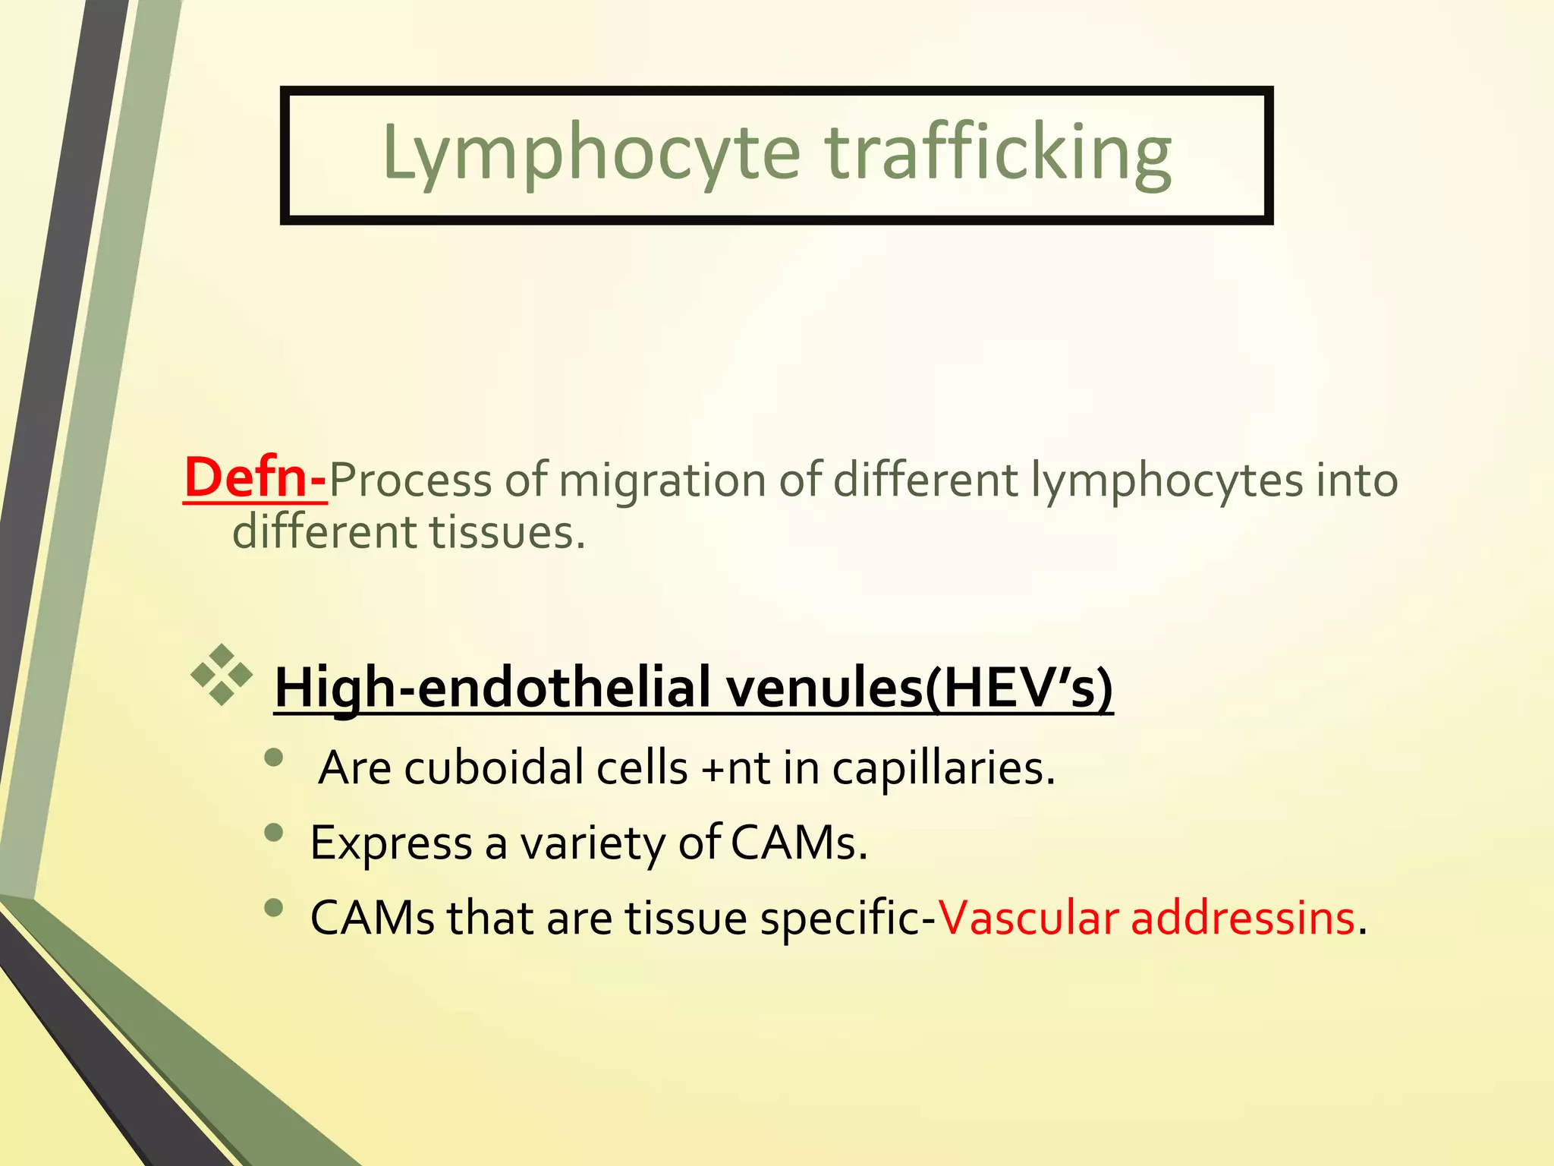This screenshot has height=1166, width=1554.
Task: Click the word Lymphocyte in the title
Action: click(x=591, y=154)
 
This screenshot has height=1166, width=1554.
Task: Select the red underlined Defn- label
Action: click(x=256, y=478)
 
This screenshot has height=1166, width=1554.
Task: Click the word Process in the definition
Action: click(x=411, y=481)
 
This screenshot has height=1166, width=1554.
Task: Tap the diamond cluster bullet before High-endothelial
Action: click(x=222, y=674)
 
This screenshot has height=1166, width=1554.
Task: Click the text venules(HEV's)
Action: click(x=919, y=688)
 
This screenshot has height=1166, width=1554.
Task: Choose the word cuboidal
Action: click(x=493, y=768)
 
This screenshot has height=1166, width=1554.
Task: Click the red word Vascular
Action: click(x=1028, y=918)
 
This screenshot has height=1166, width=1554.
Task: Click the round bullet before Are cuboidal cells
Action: click(x=274, y=757)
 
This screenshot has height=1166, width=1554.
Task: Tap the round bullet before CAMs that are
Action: click(x=274, y=907)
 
